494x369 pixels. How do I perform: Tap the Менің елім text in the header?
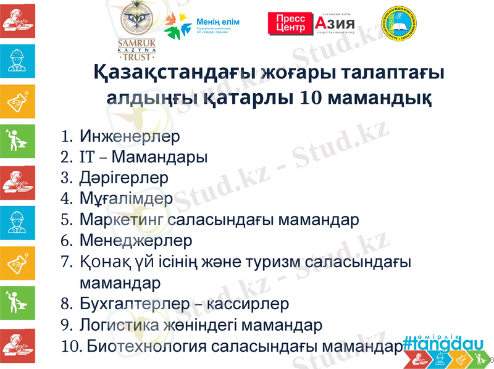217,22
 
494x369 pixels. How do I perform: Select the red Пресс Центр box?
290,23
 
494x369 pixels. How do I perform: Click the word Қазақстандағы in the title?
162,73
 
